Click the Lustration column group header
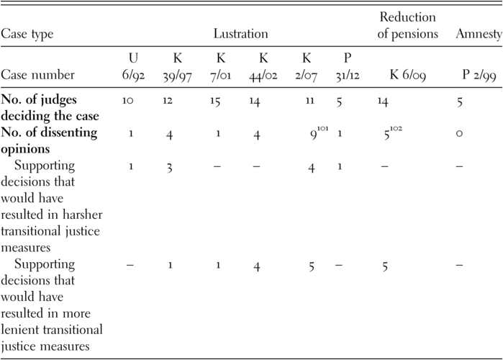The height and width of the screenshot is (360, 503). [x=240, y=34]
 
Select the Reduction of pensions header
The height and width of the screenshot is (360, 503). [x=409, y=25]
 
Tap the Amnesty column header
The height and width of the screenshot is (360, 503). [x=478, y=34]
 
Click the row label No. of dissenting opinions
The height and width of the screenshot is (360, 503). [x=48, y=140]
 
